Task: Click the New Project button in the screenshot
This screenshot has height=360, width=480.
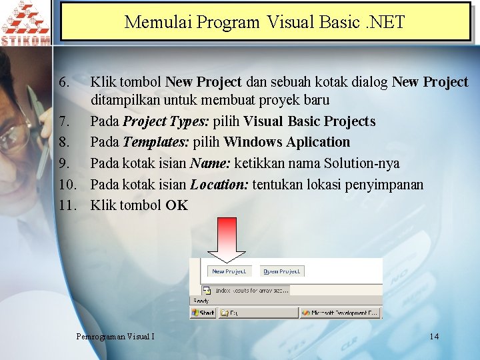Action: pos(229,271)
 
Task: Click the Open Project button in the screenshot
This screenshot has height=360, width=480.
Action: pos(281,271)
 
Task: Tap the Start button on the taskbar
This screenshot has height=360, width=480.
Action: pos(203,312)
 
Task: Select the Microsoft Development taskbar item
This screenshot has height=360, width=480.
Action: pos(339,312)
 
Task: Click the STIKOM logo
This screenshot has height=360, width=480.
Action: pos(25,23)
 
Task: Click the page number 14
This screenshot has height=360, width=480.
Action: pos(434,336)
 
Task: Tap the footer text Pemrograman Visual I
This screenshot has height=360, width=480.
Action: pos(115,336)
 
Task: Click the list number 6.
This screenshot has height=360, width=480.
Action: pos(63,83)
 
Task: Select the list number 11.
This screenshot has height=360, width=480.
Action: pos(68,205)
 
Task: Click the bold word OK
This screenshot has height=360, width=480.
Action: pos(177,205)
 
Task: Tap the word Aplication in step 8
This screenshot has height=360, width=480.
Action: pos(316,143)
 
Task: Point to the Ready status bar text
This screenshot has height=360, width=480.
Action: pos(201,301)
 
